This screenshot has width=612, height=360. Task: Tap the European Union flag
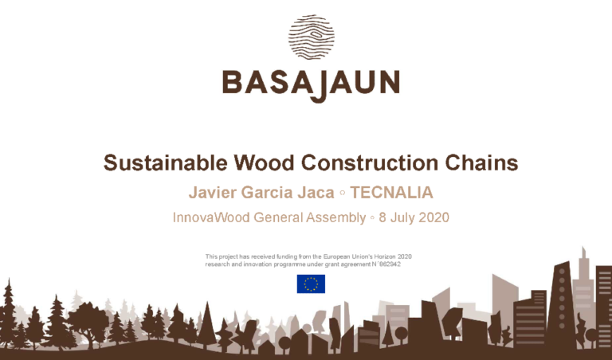(x=311, y=284)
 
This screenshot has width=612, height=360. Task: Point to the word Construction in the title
(x=370, y=163)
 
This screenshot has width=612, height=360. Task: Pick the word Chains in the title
(x=483, y=163)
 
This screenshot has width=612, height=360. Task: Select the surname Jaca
(x=314, y=193)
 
